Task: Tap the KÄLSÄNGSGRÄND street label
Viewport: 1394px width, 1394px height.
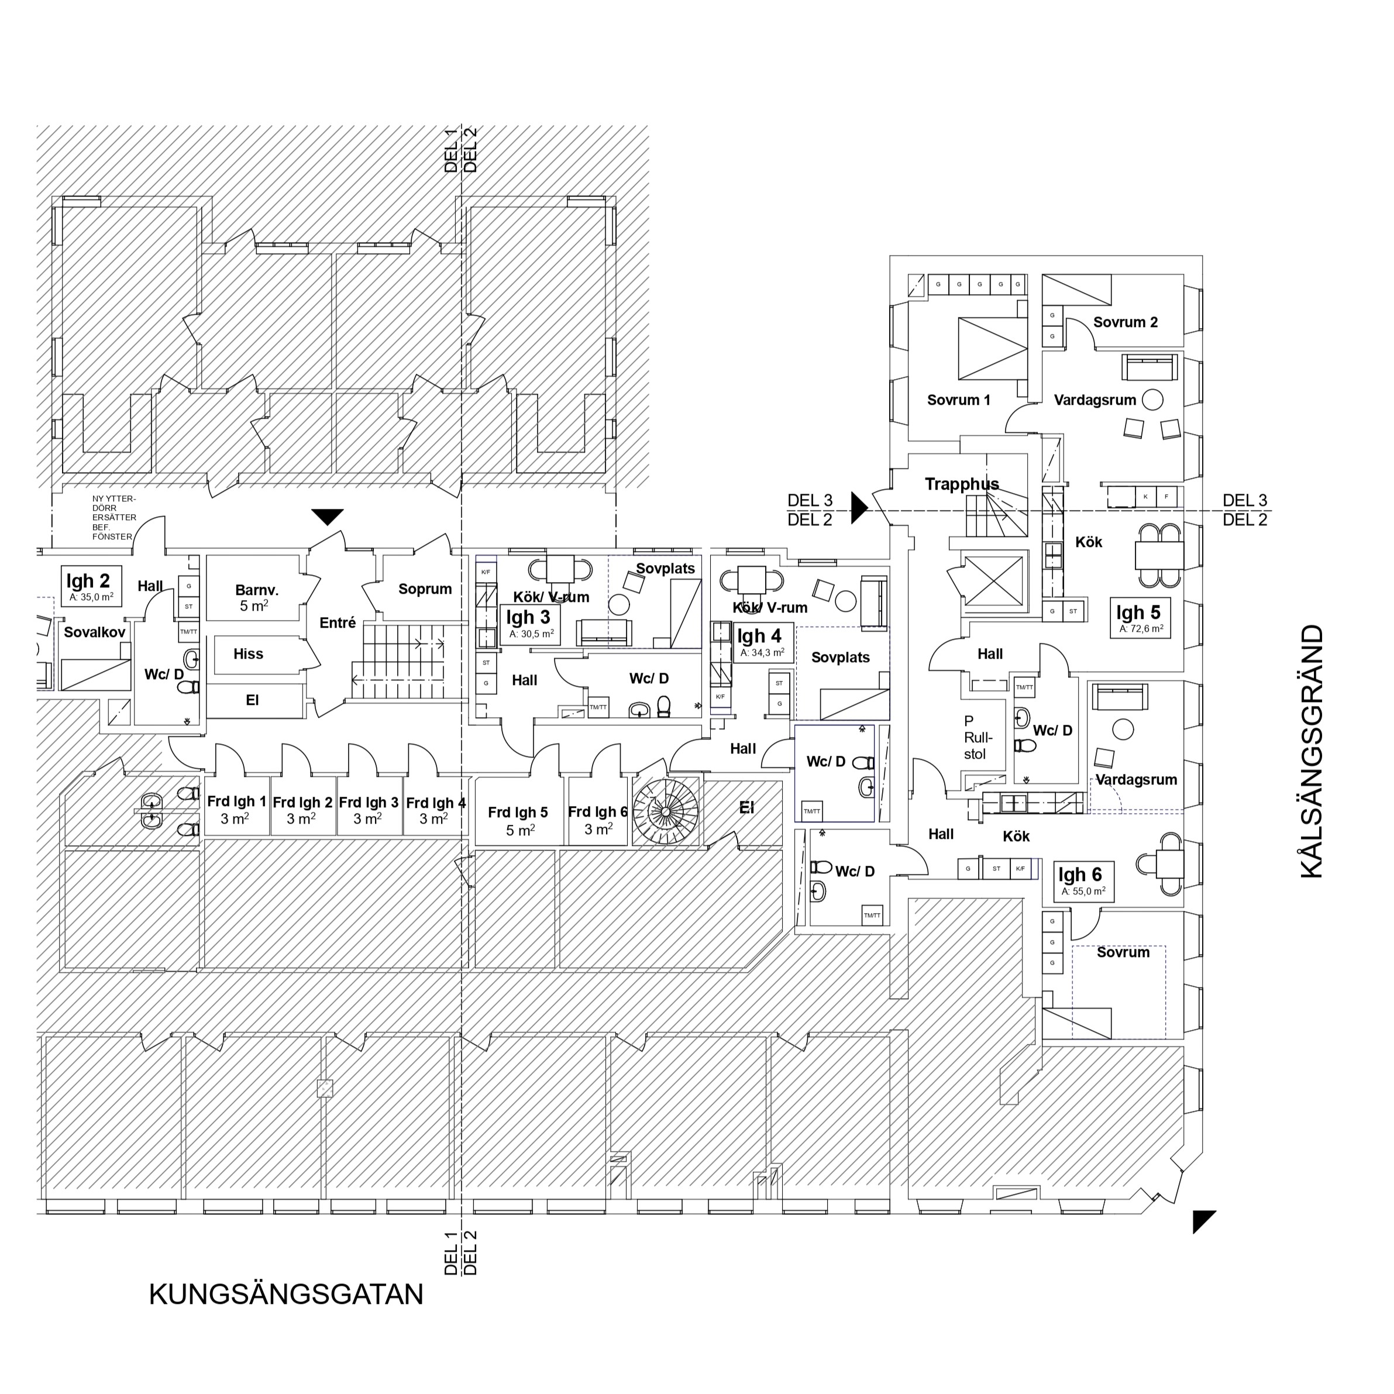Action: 1311,751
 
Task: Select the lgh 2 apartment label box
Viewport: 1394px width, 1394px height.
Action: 91,586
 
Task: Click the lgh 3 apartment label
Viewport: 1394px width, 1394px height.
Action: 529,624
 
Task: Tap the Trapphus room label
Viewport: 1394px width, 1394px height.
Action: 962,484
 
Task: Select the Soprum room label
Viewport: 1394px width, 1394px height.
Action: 425,588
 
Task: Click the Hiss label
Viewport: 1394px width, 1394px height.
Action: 248,653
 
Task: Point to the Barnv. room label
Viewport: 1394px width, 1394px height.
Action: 256,597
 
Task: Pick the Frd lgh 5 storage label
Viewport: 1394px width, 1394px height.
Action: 518,820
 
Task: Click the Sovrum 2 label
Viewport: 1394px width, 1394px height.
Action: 1125,322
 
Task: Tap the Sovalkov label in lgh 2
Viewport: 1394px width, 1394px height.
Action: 95,632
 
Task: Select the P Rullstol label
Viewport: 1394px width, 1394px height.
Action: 977,738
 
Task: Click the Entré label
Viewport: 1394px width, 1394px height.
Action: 338,622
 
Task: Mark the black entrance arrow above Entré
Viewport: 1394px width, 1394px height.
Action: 328,517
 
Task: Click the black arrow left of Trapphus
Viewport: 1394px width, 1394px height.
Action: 858,507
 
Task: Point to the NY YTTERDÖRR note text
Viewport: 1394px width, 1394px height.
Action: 113,517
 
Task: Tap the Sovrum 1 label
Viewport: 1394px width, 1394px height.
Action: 958,400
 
